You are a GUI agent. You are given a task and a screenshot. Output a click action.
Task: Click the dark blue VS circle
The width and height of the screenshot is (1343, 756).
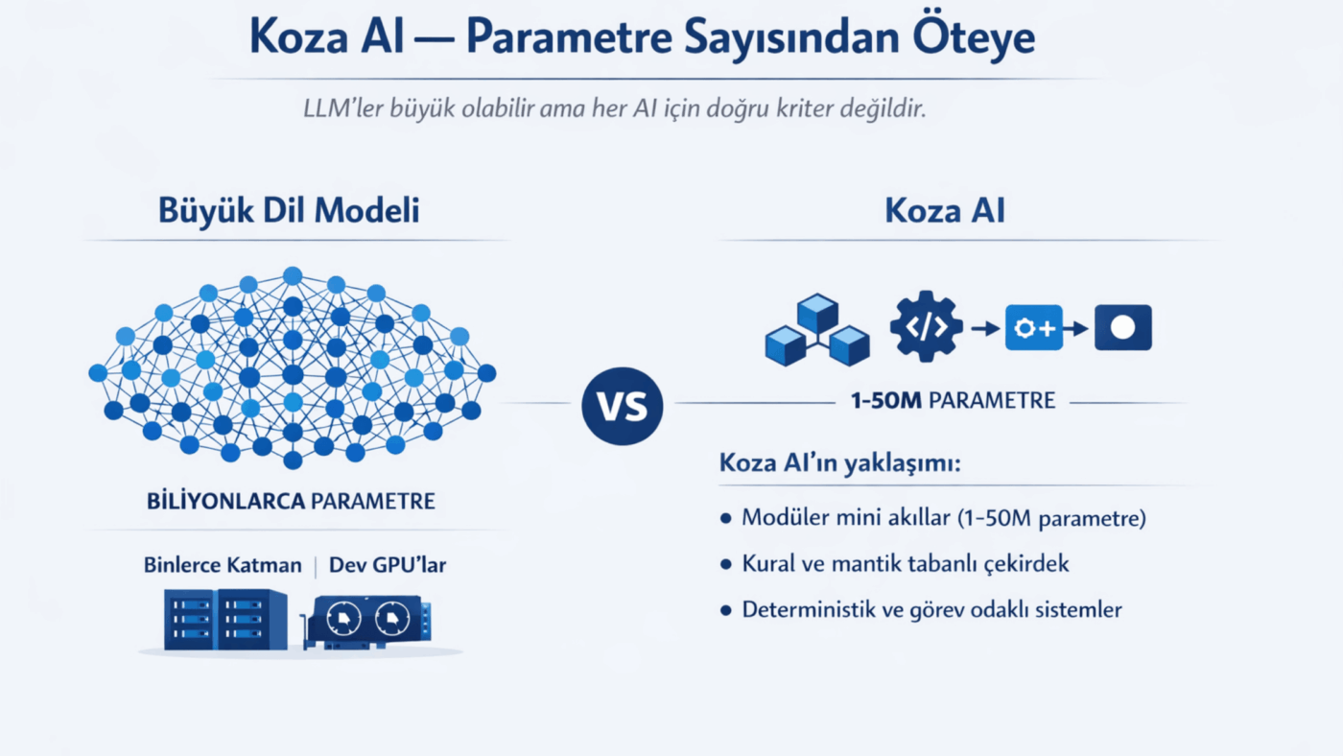pyautogui.click(x=623, y=406)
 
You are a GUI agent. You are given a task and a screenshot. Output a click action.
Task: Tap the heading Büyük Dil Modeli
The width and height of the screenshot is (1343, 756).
pyautogui.click(x=289, y=211)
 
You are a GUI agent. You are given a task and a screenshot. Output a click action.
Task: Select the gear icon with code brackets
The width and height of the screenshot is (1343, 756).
pyautogui.click(x=927, y=327)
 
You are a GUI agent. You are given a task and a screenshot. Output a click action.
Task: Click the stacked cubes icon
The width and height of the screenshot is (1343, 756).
pyautogui.click(x=817, y=330)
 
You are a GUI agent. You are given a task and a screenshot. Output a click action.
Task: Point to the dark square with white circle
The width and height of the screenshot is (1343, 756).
pyautogui.click(x=1123, y=327)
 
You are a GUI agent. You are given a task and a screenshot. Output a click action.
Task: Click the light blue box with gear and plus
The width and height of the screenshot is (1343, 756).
pyautogui.click(x=1034, y=327)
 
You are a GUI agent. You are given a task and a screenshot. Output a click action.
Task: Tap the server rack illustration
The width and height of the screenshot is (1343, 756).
pyautogui.click(x=225, y=620)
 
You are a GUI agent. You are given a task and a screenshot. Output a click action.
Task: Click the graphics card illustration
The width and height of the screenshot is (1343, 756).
pyautogui.click(x=366, y=623)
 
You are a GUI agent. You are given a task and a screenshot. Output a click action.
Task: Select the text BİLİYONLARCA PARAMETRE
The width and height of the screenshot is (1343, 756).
pyautogui.click(x=291, y=501)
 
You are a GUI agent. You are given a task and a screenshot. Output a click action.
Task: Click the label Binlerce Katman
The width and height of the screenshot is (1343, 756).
pyautogui.click(x=223, y=565)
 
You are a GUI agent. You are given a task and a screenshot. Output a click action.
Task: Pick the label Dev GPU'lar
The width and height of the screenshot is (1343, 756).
pyautogui.click(x=388, y=565)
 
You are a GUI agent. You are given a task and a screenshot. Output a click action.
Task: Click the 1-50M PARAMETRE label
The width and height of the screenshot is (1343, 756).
pyautogui.click(x=954, y=400)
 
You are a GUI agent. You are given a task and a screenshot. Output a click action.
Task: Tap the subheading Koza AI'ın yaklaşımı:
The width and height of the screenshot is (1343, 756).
pyautogui.click(x=840, y=463)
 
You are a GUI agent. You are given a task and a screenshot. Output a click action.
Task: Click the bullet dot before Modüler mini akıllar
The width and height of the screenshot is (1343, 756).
pyautogui.click(x=726, y=519)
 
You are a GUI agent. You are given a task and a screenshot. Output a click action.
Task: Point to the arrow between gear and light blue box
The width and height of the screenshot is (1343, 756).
pyautogui.click(x=985, y=328)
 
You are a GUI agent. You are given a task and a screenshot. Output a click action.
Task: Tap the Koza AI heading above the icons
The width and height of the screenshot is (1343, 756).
pyautogui.click(x=945, y=211)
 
